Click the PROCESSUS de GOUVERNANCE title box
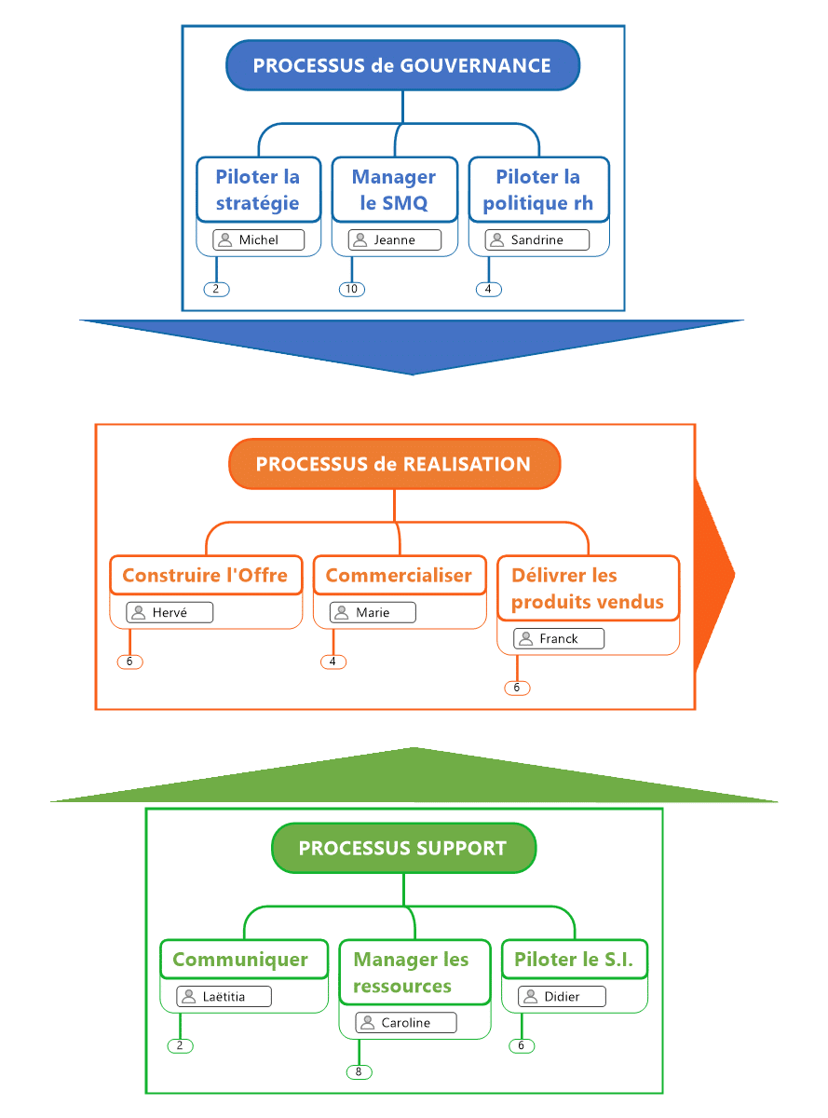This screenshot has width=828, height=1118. (x=402, y=65)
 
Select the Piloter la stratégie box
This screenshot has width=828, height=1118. (x=258, y=189)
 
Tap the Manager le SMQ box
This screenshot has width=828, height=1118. (x=394, y=189)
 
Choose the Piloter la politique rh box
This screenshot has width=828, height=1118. (x=538, y=189)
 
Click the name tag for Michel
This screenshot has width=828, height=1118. (x=258, y=239)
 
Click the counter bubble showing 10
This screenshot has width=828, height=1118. (x=351, y=289)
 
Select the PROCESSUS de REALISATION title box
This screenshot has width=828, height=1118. (x=394, y=464)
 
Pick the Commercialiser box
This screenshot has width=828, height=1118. (x=399, y=575)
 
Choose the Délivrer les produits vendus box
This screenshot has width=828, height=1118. (x=588, y=588)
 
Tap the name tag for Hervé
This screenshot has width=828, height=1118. (x=170, y=612)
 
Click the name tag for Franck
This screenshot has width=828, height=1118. (x=558, y=638)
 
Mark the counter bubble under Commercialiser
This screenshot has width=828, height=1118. (x=333, y=661)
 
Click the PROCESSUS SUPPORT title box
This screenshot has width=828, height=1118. (x=403, y=848)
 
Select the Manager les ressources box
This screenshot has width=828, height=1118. (x=414, y=972)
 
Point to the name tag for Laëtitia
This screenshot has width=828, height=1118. (x=224, y=996)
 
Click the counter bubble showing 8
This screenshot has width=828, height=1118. (x=359, y=1071)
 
